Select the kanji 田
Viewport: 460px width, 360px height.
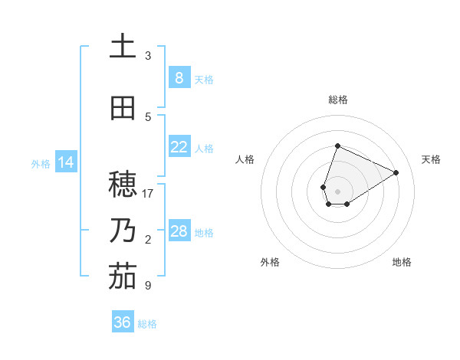pos(123,109)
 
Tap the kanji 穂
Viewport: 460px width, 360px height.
pos(123,185)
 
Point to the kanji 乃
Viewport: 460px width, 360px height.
pos(123,231)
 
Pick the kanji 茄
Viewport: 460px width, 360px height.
pos(123,277)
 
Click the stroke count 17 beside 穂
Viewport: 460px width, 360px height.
pos(148,194)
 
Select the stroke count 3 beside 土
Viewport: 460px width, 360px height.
pos(148,56)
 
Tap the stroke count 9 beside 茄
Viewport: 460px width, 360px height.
pos(148,286)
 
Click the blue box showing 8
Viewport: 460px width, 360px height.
pos(179,78)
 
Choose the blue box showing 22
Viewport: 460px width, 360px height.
pos(179,147)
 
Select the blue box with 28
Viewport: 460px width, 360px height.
pos(179,231)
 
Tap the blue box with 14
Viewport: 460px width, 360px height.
pos(65,162)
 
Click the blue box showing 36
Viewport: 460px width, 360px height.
pos(123,322)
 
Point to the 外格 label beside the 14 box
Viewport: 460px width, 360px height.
pos(41,163)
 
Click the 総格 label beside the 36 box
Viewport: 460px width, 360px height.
pos(147,323)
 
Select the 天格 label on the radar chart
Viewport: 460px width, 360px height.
pos(431,159)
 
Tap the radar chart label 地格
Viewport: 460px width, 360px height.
pos(402,262)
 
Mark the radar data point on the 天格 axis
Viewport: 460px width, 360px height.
pos(396,172)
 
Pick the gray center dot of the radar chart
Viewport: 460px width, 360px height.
pos(337,191)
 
